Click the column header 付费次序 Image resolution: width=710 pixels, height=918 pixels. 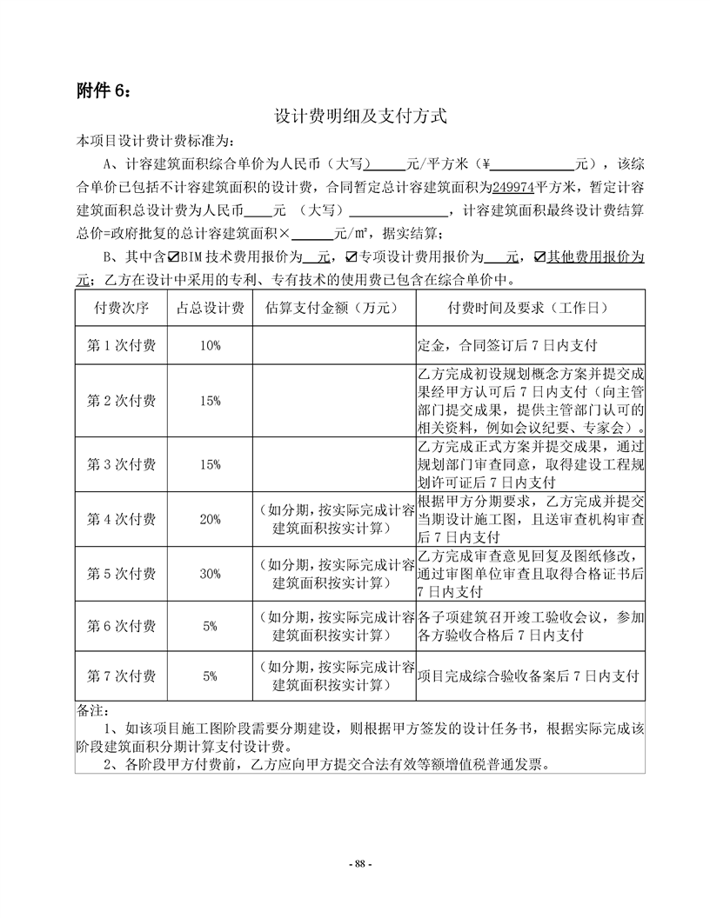[x=122, y=308]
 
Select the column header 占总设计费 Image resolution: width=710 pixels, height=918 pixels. [x=210, y=308]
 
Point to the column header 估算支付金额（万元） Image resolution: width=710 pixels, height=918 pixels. [x=333, y=308]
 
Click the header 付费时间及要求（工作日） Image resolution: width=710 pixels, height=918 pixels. [x=529, y=308]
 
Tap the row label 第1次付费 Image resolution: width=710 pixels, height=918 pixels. [x=122, y=345]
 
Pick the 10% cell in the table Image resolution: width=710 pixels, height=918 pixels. [x=210, y=345]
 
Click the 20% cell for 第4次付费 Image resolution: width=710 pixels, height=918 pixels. [x=210, y=519]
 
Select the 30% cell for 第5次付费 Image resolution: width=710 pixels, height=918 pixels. [x=210, y=574]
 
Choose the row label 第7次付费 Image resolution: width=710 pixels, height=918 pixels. [x=122, y=675]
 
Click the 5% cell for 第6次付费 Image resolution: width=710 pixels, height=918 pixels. [x=210, y=625]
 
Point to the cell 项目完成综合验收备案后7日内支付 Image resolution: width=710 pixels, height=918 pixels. [x=529, y=675]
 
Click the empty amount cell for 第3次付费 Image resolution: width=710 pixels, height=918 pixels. [x=333, y=464]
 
